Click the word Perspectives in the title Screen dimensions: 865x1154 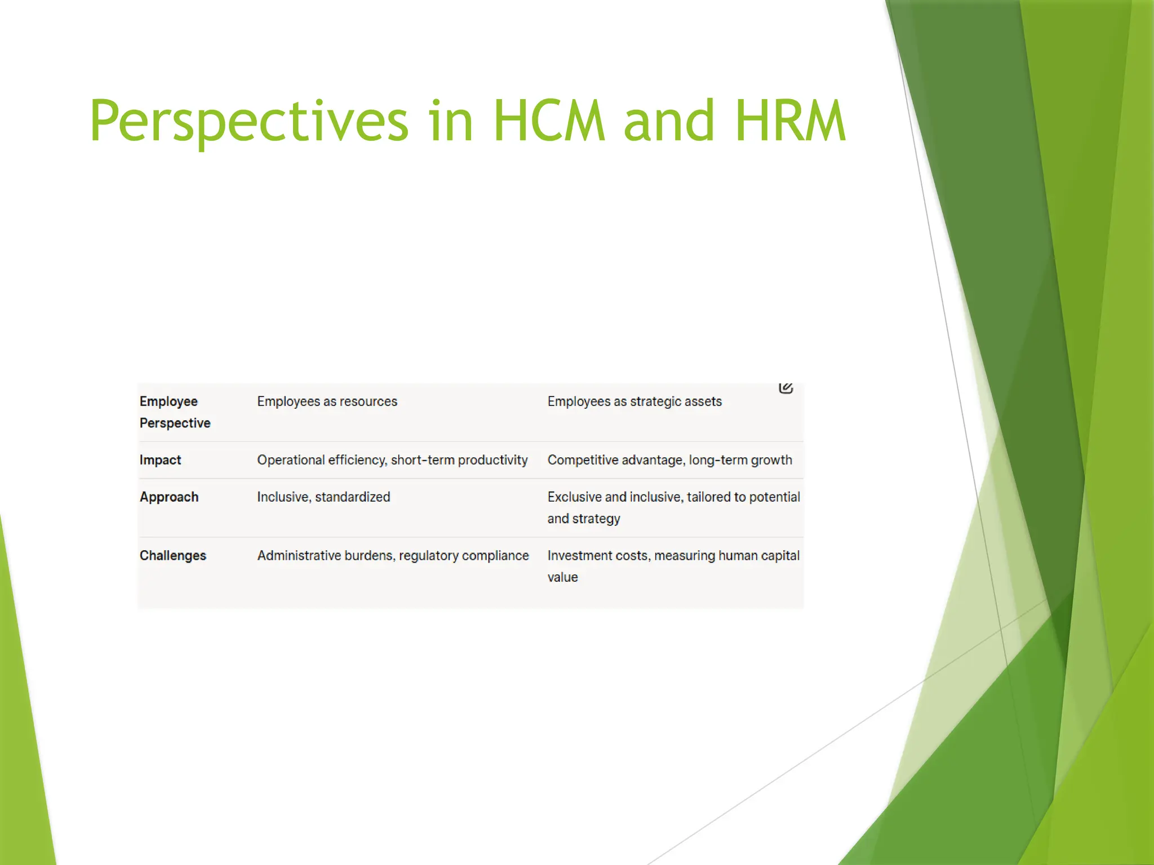pyautogui.click(x=248, y=121)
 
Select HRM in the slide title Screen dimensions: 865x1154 pyautogui.click(x=790, y=121)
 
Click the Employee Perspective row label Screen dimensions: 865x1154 pyautogui.click(x=175, y=412)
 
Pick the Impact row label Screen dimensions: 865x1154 pyautogui.click(x=160, y=460)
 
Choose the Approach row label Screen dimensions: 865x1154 pyautogui.click(x=169, y=497)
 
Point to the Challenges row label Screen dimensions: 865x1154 pyautogui.click(x=173, y=556)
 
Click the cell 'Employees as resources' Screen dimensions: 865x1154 pyautogui.click(x=327, y=402)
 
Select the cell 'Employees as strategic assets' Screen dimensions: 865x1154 pyautogui.click(x=634, y=402)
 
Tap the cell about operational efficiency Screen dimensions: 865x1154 pyautogui.click(x=392, y=460)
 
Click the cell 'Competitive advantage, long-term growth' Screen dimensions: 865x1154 pyautogui.click(x=669, y=460)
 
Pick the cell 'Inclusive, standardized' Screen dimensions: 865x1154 pyautogui.click(x=323, y=497)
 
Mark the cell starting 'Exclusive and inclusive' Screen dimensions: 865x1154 pyautogui.click(x=673, y=507)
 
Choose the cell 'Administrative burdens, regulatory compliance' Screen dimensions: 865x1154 pyautogui.click(x=393, y=556)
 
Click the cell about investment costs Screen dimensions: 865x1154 pyautogui.click(x=673, y=566)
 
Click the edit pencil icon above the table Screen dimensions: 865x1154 pyautogui.click(x=786, y=387)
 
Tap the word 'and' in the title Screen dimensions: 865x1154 pyautogui.click(x=669, y=121)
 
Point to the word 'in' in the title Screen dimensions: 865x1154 pyautogui.click(x=450, y=121)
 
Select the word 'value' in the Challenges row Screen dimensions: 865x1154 pyautogui.click(x=562, y=577)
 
